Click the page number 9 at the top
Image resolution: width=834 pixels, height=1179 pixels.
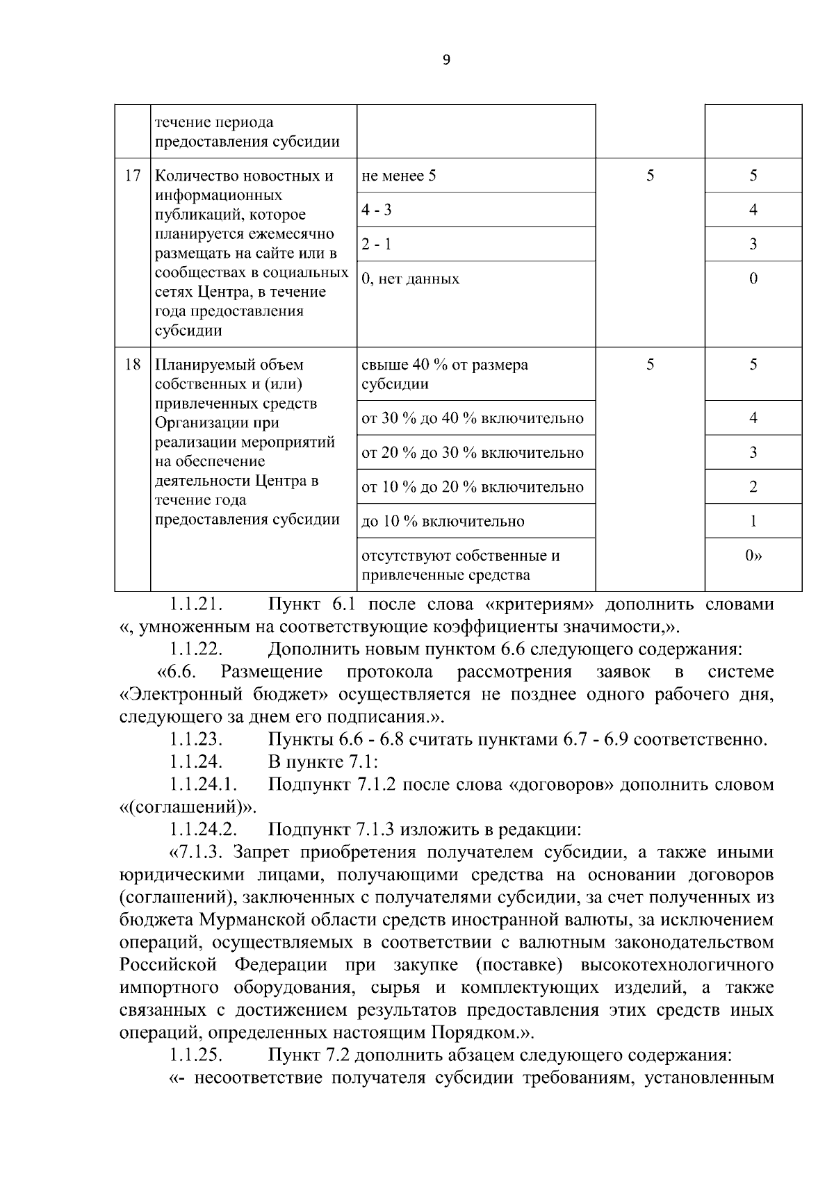(446, 60)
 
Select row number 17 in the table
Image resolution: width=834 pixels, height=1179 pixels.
(132, 176)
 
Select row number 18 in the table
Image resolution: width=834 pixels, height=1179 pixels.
(132, 365)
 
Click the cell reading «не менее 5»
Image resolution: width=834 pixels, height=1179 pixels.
(399, 176)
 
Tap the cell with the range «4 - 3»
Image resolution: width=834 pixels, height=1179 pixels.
(376, 210)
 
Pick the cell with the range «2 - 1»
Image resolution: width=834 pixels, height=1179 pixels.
(376, 245)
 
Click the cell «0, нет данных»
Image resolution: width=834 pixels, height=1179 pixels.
(410, 279)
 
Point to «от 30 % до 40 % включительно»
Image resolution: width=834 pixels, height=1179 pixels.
(473, 418)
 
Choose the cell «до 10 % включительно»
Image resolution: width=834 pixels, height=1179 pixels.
(443, 522)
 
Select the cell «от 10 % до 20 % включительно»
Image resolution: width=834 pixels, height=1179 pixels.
(473, 487)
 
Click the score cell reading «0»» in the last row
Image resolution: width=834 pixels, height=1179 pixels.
(753, 556)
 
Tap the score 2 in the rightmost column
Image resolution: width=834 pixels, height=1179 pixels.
(753, 487)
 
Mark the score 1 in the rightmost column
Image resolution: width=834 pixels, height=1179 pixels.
(753, 522)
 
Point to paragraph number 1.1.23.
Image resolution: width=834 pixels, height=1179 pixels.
(196, 739)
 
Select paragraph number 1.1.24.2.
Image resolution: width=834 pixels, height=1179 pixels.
(204, 830)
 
